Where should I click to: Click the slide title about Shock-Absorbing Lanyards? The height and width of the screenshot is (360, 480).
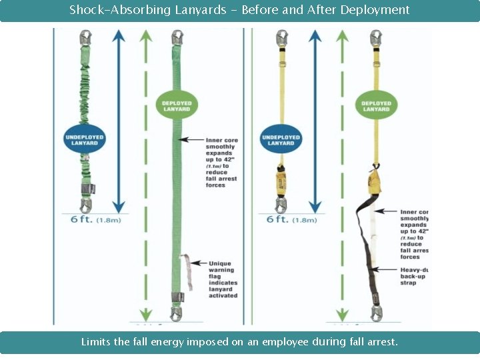(x=239, y=10)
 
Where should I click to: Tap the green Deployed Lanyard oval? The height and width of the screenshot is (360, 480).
(x=176, y=105)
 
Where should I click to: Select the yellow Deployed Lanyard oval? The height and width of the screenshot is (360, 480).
(x=376, y=105)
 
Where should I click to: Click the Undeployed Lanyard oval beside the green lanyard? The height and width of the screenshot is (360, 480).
(x=85, y=139)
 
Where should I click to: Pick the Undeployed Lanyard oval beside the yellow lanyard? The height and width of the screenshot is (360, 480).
(x=281, y=139)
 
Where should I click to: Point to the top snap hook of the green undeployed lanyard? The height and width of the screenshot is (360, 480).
(x=86, y=39)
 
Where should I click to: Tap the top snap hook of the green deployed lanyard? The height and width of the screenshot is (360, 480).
(x=177, y=39)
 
